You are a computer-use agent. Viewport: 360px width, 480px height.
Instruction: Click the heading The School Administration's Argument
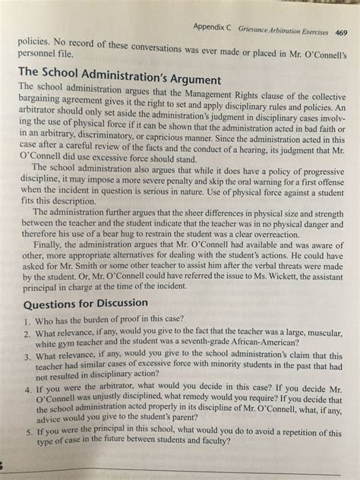[x=118, y=78]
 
